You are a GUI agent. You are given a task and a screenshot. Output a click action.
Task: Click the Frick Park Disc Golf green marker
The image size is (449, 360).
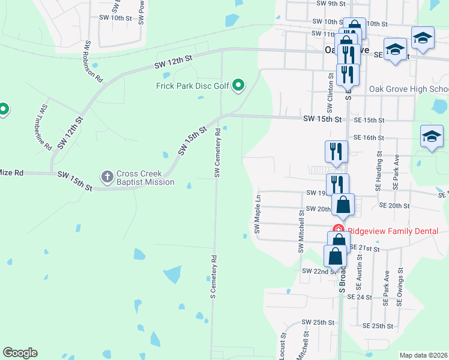(238, 86)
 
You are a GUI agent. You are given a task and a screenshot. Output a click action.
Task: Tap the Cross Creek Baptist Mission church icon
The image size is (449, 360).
(107, 176)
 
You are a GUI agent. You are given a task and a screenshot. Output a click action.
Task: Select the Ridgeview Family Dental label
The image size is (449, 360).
(393, 231)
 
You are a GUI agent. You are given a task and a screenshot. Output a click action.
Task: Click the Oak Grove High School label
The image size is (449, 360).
(409, 89)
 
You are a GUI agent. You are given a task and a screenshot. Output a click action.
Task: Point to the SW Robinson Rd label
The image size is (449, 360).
(94, 62)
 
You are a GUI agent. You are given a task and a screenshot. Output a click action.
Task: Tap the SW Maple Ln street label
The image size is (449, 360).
(257, 214)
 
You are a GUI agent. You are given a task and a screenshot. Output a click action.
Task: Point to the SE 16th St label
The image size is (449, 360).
(369, 137)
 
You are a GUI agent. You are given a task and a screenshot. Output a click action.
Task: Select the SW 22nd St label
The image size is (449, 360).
(318, 271)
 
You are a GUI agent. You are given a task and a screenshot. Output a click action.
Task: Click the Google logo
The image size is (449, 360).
(20, 353)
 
